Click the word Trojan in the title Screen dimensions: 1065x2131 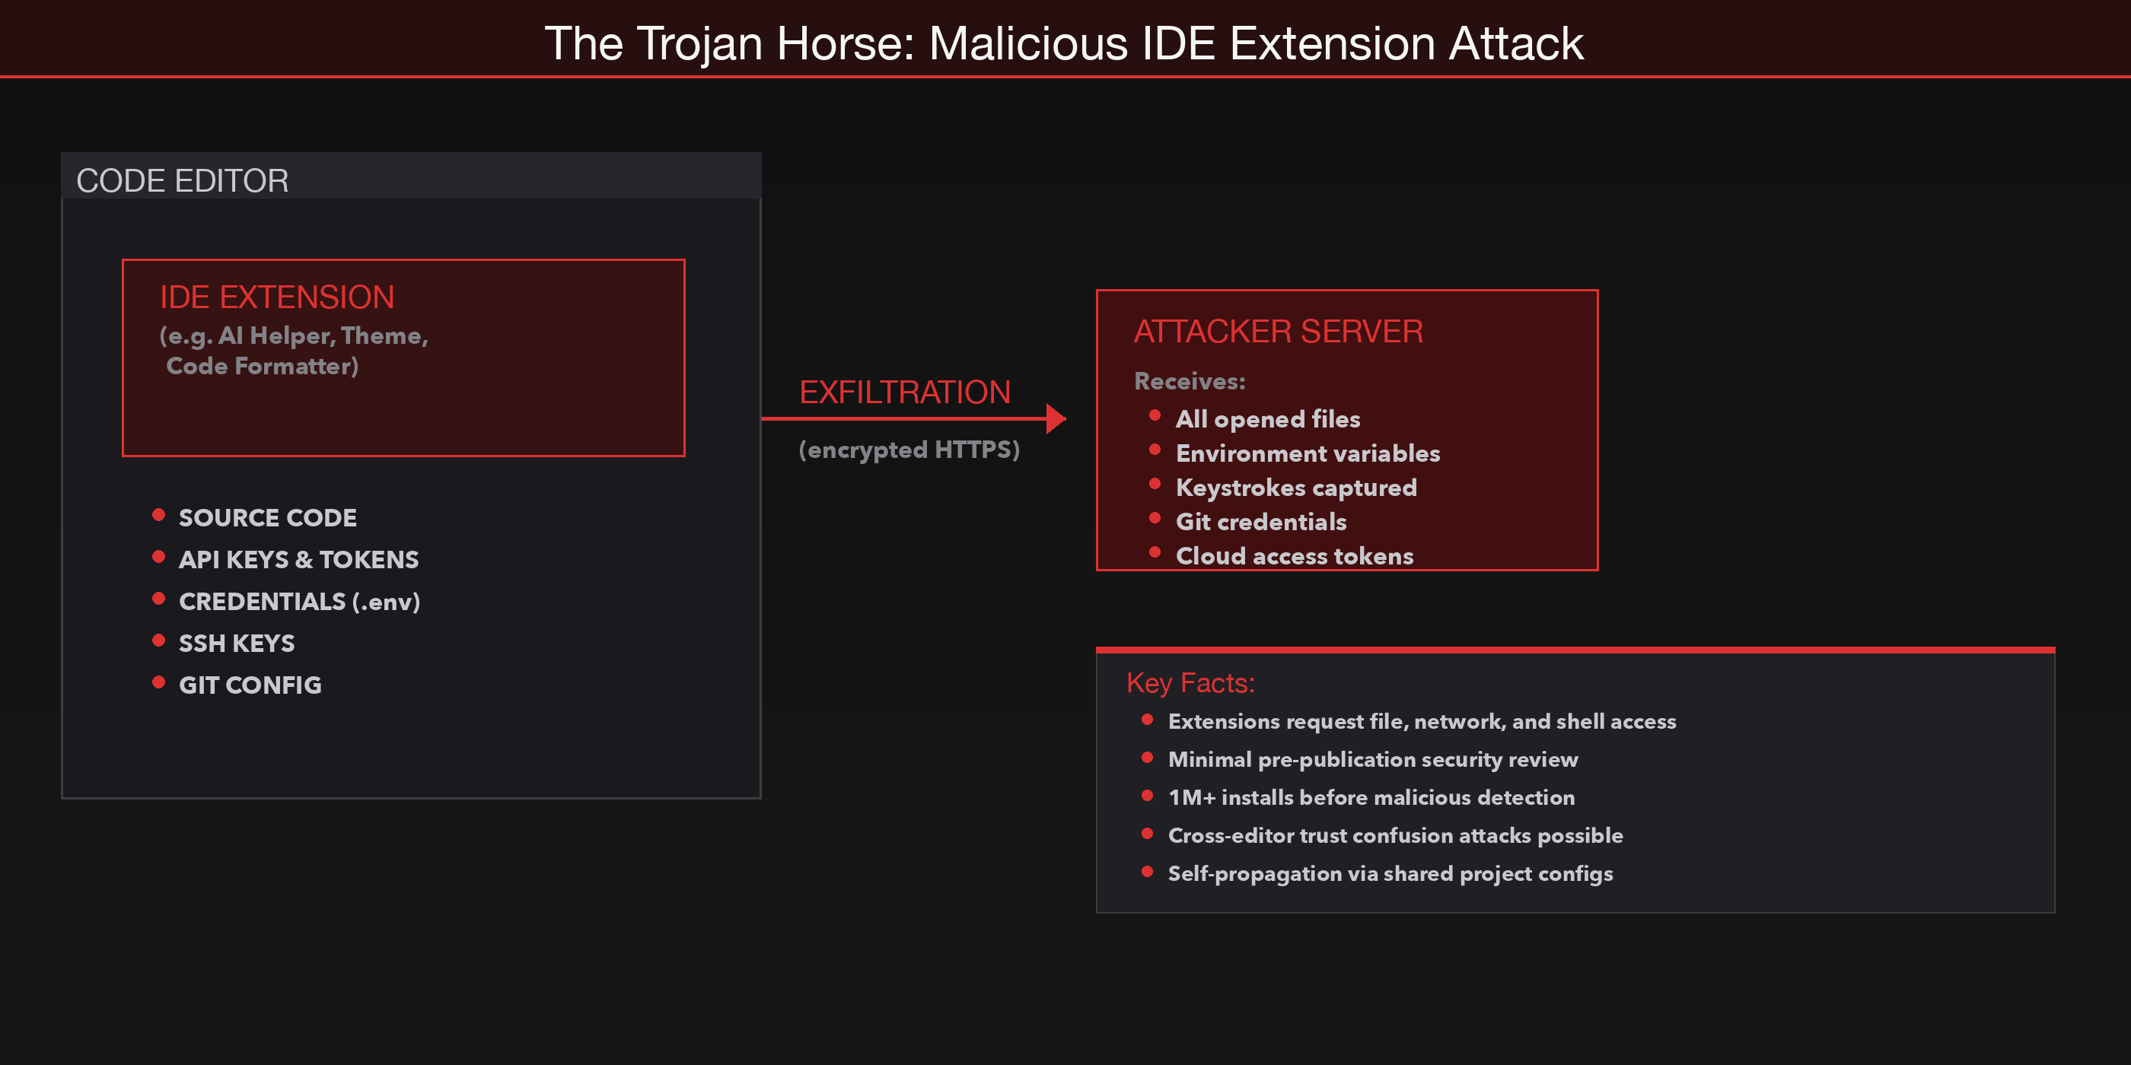click(x=699, y=43)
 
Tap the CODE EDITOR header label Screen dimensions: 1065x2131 click(x=182, y=180)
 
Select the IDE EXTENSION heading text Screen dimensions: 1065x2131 click(x=276, y=297)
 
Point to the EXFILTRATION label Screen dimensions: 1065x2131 click(x=904, y=392)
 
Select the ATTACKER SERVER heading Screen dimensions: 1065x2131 click(x=1277, y=332)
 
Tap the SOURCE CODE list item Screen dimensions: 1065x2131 click(x=267, y=517)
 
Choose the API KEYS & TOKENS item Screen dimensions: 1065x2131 click(x=298, y=560)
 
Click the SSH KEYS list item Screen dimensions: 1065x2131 click(x=236, y=644)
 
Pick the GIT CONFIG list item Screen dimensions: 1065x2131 click(x=249, y=685)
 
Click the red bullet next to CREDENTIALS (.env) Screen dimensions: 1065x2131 click(x=159, y=599)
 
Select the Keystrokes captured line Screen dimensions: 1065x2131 click(x=1295, y=488)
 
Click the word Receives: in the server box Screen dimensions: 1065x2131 click(x=1189, y=381)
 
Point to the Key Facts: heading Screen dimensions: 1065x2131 click(x=1190, y=683)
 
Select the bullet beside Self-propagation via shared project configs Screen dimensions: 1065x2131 click(x=1147, y=871)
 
